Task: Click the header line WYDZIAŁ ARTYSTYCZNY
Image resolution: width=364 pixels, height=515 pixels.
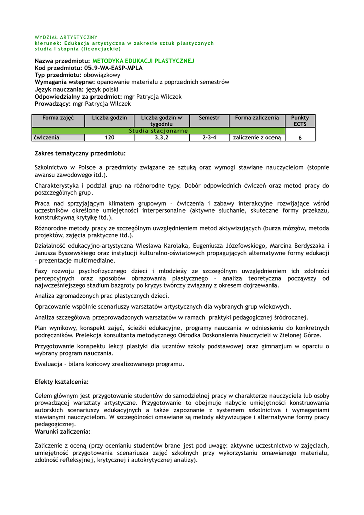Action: (66, 37)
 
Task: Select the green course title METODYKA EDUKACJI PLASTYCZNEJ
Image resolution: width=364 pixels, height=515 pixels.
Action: (143, 61)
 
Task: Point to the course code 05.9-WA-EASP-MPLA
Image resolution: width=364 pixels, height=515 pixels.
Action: (114, 68)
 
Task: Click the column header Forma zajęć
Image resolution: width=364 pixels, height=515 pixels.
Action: (58, 118)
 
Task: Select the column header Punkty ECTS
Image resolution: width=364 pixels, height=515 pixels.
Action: (300, 121)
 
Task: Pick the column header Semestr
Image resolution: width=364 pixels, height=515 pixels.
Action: (209, 118)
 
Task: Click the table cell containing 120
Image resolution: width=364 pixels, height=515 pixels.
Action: (110, 137)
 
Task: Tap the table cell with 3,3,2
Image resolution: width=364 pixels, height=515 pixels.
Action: (162, 137)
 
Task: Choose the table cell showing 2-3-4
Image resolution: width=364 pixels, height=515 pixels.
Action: (209, 137)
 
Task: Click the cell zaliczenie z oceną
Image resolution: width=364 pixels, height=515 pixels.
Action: (256, 137)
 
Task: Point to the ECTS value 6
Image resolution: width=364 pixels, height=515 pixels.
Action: (300, 138)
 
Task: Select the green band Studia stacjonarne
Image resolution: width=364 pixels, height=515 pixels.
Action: (158, 131)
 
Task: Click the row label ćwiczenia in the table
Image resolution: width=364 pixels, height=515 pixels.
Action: (47, 137)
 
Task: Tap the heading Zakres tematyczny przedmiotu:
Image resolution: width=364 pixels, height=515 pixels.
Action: (80, 153)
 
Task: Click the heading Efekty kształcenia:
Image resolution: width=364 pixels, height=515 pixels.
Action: (61, 382)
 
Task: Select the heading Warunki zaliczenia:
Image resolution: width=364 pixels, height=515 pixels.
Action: (62, 432)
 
